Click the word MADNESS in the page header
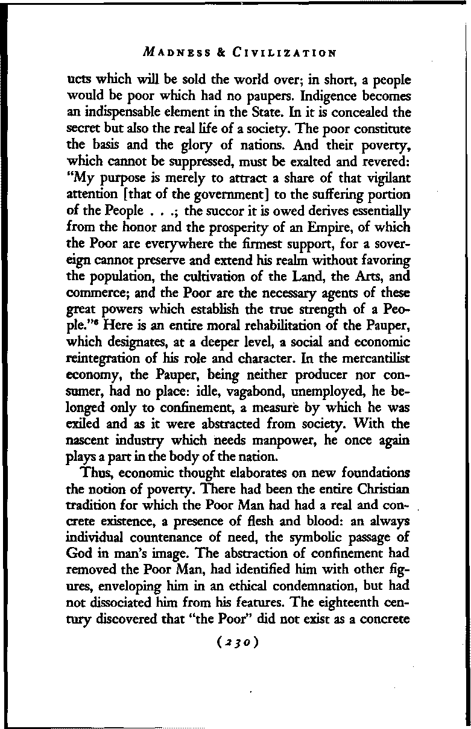(x=172, y=52)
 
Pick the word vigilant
(x=384, y=175)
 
